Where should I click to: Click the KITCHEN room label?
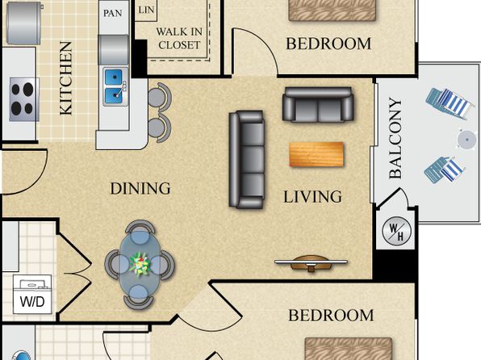coord(66,78)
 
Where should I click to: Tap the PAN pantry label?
coord(112,13)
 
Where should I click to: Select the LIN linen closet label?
coord(146,10)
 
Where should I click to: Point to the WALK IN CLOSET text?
coord(179,39)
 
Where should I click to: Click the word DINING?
coord(140,188)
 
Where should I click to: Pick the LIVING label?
coord(312,197)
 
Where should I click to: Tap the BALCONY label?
coord(395,138)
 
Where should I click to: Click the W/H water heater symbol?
coord(396,231)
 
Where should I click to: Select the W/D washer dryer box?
coord(32,295)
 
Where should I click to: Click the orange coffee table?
coord(316,154)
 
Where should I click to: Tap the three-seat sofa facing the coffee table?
coord(246,159)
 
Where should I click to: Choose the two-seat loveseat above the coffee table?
coord(318,105)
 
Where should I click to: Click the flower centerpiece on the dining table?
coord(140,264)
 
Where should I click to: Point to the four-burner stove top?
coord(24,99)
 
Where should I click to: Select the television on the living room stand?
coord(311,262)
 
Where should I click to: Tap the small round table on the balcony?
coord(467,140)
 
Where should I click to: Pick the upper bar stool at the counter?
coord(159,96)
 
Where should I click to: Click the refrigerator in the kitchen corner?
coord(23,23)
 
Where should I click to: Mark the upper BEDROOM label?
coord(328,44)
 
